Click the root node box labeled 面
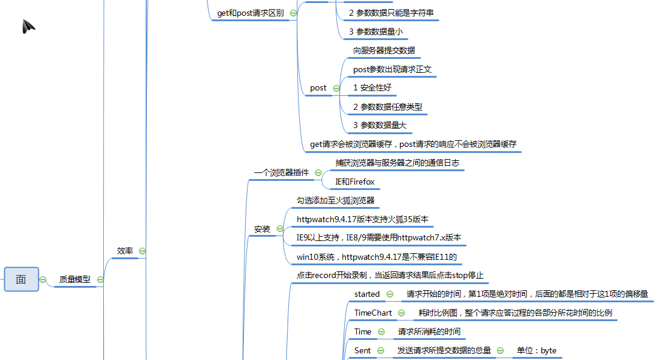[21, 279]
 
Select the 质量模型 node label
[75, 280]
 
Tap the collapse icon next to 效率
[142, 251]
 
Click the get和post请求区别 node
[250, 13]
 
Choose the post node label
[318, 88]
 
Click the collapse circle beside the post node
[336, 88]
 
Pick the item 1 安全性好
[373, 88]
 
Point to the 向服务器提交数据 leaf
[384, 51]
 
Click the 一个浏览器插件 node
[281, 172]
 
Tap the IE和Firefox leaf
[355, 182]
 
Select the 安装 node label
[262, 229]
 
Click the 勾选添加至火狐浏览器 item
[336, 201]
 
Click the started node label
[367, 294]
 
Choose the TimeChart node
[373, 313]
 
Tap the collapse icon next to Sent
[381, 350]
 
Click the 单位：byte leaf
[536, 350]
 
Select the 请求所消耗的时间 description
[429, 332]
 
